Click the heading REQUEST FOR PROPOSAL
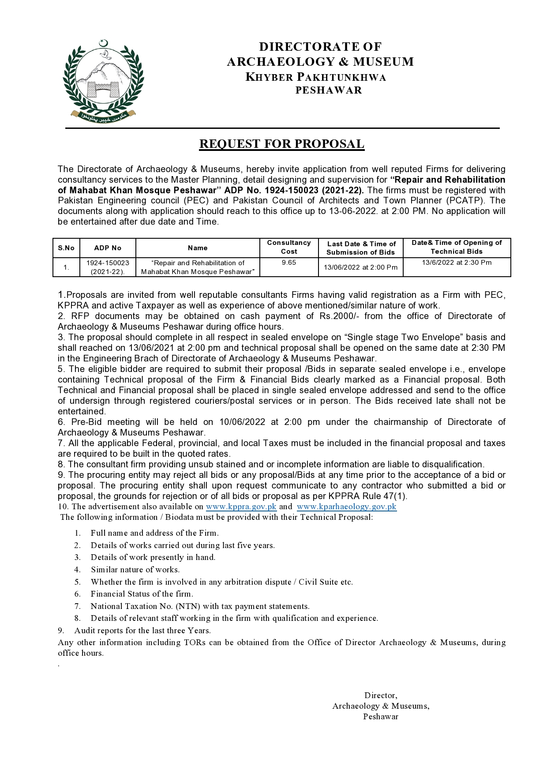pos(281,144)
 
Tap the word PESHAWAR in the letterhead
pos(328,90)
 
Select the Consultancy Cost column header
pos(289,247)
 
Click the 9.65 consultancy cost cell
pos(289,263)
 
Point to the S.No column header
pos(66,248)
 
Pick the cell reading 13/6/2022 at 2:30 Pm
pos(457,263)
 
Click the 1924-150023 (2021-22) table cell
pos(108,267)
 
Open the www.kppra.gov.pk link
pos(241,507)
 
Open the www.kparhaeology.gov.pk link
pos(346,507)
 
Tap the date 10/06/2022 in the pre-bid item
pos(242,422)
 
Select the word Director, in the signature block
pos(381,695)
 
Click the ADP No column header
pos(108,248)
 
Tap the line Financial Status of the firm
pos(142,594)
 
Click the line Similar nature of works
pos(135,570)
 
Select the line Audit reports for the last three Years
pos(142,631)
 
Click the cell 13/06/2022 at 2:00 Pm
pos(360,267)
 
